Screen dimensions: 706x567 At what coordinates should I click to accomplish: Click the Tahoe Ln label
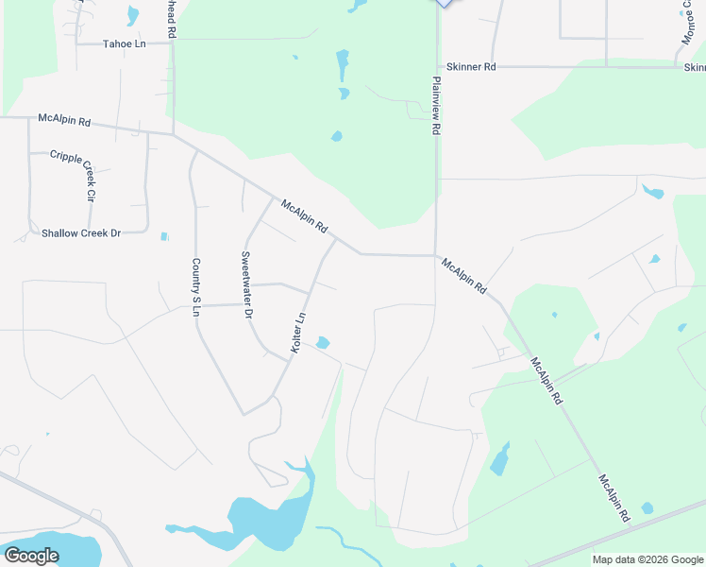[x=125, y=43]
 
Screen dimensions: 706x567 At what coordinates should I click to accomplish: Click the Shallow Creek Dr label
[x=81, y=232]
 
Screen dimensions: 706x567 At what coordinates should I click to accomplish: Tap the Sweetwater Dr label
[x=247, y=283]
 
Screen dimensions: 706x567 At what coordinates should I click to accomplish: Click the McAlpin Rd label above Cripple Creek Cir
[x=64, y=120]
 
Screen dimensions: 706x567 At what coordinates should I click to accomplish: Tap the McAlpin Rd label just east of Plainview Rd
[x=463, y=275]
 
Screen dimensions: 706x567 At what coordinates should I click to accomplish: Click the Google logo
[x=31, y=555]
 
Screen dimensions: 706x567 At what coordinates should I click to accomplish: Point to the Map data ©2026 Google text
[x=647, y=559]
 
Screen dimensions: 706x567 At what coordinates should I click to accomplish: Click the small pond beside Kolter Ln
[x=323, y=342]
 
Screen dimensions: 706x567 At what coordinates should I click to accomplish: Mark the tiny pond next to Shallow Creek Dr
[x=165, y=236]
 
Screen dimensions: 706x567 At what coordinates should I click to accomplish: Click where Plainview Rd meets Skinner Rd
[x=436, y=67]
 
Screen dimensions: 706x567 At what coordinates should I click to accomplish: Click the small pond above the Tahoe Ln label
[x=133, y=15]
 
